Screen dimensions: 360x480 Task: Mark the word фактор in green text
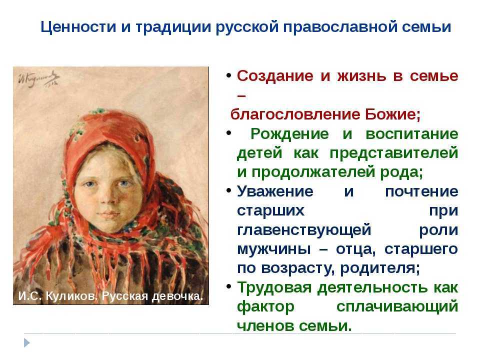pos(262,307)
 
